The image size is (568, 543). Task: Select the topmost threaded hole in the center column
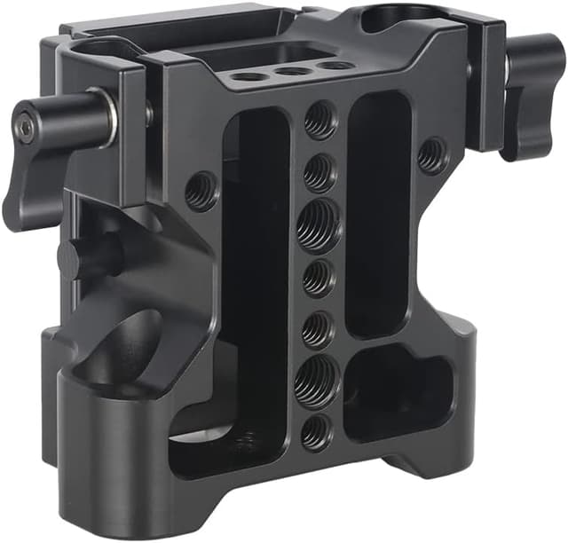(x=320, y=120)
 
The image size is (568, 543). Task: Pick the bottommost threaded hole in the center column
(x=315, y=432)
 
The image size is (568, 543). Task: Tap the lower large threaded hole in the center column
(x=316, y=382)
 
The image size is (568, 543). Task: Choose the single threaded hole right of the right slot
(x=432, y=154)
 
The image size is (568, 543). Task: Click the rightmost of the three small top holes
(x=333, y=65)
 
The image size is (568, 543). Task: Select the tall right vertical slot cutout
(x=378, y=213)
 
